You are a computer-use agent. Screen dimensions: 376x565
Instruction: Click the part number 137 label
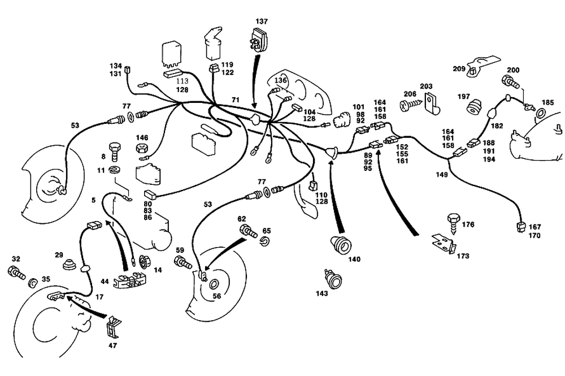point(261,21)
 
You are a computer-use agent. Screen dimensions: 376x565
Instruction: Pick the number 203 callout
point(425,86)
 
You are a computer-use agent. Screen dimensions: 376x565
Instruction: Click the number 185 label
point(547,103)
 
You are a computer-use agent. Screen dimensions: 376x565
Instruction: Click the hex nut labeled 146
point(141,149)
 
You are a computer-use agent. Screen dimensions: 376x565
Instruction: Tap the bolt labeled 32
point(16,271)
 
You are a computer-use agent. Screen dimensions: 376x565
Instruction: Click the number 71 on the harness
point(235,100)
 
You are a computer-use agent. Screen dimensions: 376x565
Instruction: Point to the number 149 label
point(442,175)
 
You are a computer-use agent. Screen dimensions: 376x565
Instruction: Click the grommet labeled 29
point(70,265)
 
